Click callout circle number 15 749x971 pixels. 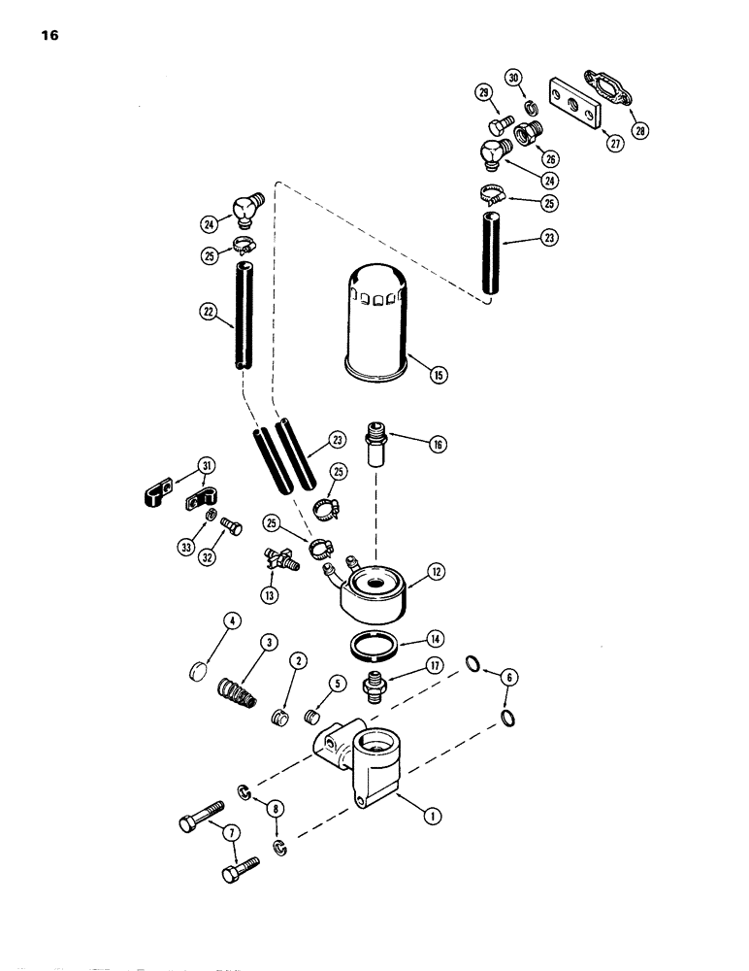(x=441, y=374)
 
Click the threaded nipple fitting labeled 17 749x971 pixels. (x=374, y=686)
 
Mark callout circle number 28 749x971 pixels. (x=641, y=130)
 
